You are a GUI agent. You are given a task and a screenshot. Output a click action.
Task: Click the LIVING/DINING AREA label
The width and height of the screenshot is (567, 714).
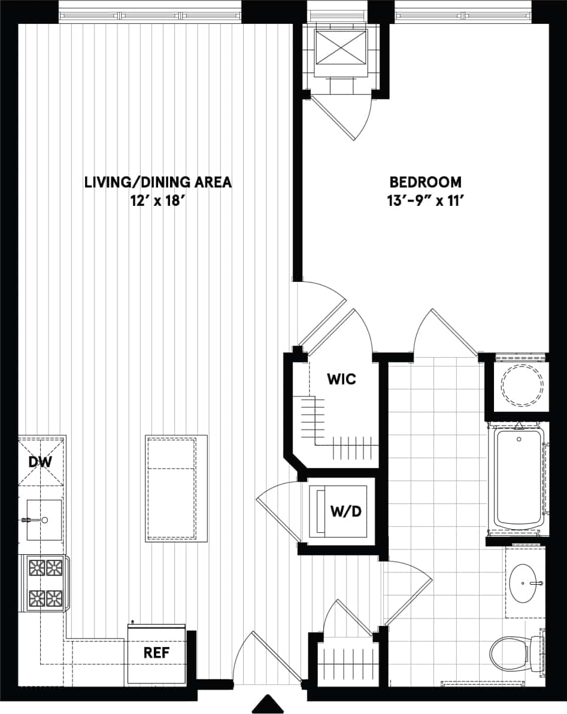click(157, 182)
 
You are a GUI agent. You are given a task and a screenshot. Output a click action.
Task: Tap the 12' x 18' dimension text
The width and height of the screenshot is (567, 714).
click(157, 201)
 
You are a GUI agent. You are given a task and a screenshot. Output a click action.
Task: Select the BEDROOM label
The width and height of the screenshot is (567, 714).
click(425, 182)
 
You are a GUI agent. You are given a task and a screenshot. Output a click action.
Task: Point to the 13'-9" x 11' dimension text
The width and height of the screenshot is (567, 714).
click(425, 201)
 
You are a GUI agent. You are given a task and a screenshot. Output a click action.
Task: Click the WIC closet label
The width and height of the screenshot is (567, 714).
click(341, 379)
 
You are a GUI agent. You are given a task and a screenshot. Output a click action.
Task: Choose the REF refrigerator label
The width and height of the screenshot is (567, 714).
click(156, 653)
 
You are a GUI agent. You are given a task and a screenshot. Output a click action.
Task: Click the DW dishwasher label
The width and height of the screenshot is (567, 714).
click(41, 461)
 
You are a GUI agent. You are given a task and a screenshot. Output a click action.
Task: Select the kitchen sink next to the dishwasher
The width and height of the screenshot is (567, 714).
click(43, 519)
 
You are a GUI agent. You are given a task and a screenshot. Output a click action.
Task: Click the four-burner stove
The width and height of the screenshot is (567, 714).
click(46, 582)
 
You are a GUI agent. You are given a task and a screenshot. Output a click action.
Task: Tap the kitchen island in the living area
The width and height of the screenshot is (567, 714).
click(171, 488)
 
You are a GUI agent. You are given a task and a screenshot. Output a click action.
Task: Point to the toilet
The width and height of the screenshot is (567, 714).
click(513, 653)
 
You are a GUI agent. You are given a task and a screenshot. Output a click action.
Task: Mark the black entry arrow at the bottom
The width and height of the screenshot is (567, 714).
click(268, 704)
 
